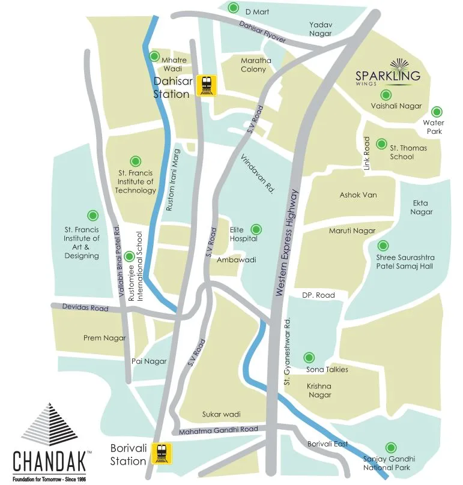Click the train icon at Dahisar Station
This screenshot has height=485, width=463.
(208, 85)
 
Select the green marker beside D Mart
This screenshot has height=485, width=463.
(234, 8)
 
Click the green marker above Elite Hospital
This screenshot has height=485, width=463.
(256, 229)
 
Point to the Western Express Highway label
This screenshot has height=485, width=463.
(286, 242)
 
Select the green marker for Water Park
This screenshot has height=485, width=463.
(437, 111)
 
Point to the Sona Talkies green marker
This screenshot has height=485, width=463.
(309, 357)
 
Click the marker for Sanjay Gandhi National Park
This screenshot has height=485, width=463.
(391, 447)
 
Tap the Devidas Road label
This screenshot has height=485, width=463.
(86, 308)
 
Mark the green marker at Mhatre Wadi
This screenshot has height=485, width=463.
(154, 57)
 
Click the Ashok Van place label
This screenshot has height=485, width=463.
(358, 196)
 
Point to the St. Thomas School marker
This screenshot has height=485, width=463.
(381, 143)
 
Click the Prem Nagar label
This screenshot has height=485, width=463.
(104, 338)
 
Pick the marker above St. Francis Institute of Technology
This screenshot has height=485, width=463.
(136, 160)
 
